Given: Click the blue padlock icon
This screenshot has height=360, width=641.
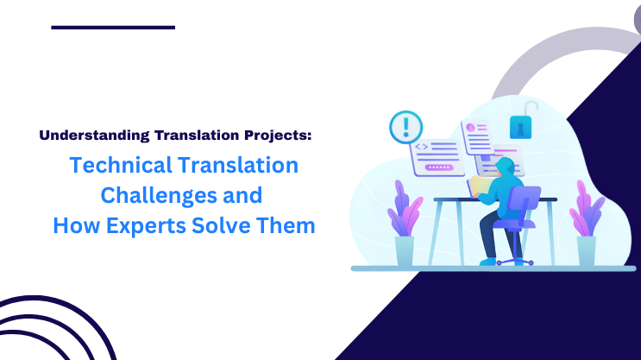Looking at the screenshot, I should (521, 125).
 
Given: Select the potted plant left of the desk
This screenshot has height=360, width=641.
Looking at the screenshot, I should (404, 226).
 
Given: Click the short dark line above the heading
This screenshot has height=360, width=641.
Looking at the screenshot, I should (113, 28).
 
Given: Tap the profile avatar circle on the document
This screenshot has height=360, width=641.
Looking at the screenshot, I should (471, 127).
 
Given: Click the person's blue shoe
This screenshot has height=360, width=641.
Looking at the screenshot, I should (489, 260).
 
